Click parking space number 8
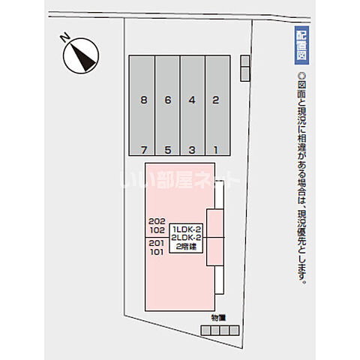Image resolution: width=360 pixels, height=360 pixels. pyautogui.click(x=144, y=100)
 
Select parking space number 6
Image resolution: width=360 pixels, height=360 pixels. pyautogui.click(x=168, y=100)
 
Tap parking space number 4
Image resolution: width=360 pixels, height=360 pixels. pyautogui.click(x=192, y=100)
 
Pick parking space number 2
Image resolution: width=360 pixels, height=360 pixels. pyautogui.click(x=216, y=100)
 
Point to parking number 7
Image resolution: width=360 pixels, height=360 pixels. pyautogui.click(x=144, y=150)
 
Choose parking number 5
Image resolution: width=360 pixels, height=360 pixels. pyautogui.click(x=168, y=150)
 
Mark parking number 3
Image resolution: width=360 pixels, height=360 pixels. pyautogui.click(x=192, y=150)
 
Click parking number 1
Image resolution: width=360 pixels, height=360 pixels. pyautogui.click(x=215, y=150)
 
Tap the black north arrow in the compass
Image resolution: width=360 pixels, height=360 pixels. pyautogui.click(x=83, y=57)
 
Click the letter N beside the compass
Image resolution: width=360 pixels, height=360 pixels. pyautogui.click(x=65, y=37)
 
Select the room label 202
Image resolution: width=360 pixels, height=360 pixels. pyautogui.click(x=157, y=221)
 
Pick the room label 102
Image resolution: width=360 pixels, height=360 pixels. pyautogui.click(x=157, y=230)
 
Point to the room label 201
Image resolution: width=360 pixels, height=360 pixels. pyautogui.click(x=157, y=243)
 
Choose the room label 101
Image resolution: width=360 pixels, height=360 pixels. pyautogui.click(x=157, y=252)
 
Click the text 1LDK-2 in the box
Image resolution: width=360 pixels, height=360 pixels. pyautogui.click(x=187, y=229)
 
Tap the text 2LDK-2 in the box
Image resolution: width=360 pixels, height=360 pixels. pyautogui.click(x=186, y=238)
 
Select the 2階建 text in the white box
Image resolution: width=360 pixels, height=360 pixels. pyautogui.click(x=186, y=247)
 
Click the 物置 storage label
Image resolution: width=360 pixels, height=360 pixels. pyautogui.click(x=218, y=318)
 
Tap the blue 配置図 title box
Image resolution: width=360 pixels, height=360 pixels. pyautogui.click(x=301, y=46)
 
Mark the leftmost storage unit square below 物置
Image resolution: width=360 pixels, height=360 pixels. pyautogui.click(x=205, y=331)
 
